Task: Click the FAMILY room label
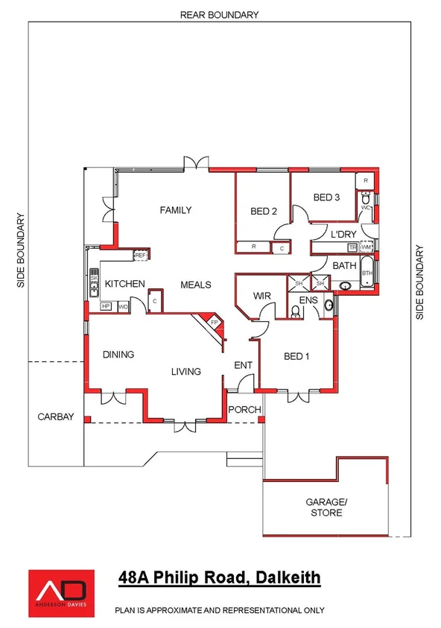[x=176, y=210]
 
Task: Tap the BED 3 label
[x=326, y=197]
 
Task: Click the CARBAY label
[x=57, y=417]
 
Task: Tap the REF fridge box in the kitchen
[x=141, y=256]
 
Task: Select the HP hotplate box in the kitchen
[x=105, y=306]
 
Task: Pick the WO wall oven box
[x=124, y=306]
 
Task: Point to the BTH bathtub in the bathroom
[x=367, y=273]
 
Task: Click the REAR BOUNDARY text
[x=219, y=14]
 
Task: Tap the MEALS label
[x=196, y=285]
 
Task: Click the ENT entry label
[x=244, y=366]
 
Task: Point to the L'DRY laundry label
[x=343, y=235]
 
